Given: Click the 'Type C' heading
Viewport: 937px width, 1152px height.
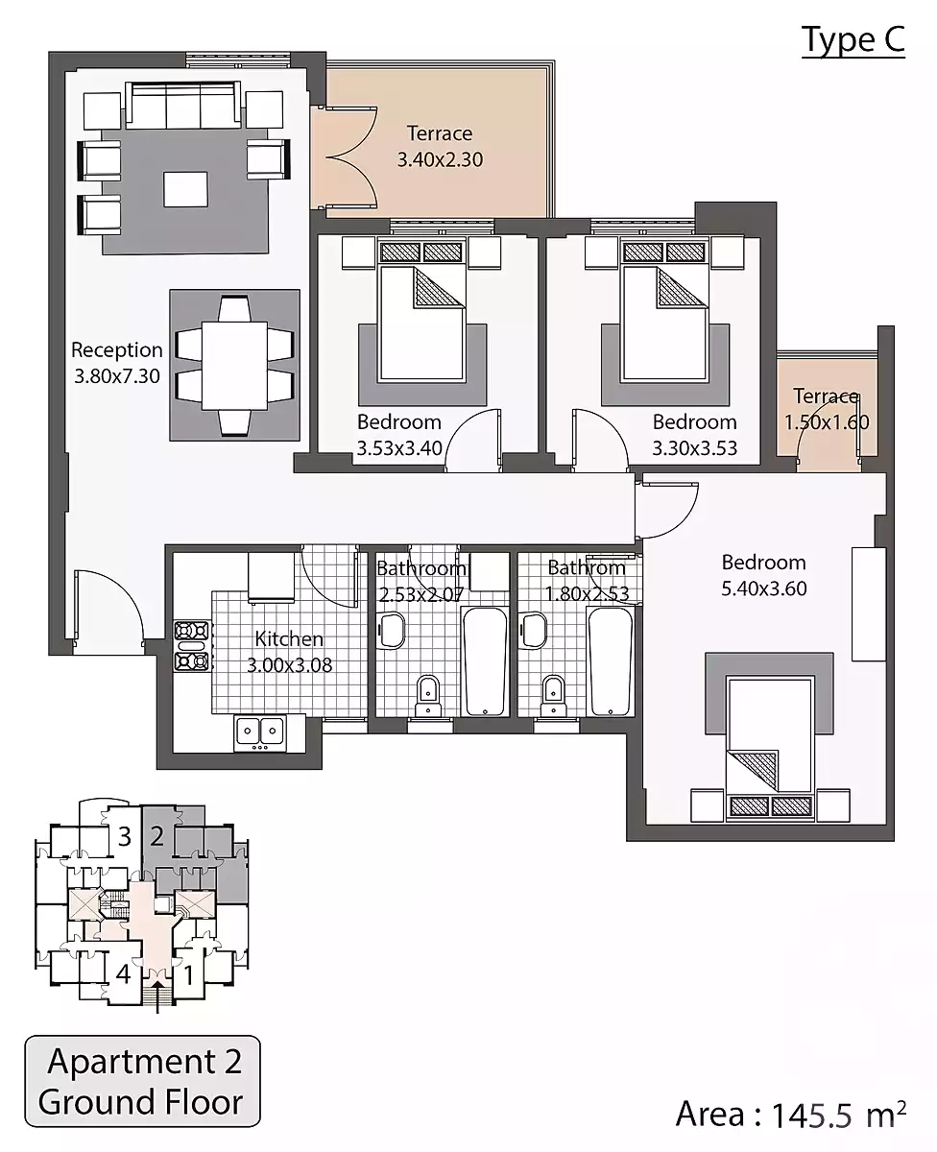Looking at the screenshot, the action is point(853,40).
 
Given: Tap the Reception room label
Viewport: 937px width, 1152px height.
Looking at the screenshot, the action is point(117,350).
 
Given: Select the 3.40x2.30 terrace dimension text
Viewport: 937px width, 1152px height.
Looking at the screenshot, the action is point(440,159).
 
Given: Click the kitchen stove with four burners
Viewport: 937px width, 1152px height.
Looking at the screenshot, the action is point(192,646).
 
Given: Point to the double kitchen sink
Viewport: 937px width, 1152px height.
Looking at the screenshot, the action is point(260,732).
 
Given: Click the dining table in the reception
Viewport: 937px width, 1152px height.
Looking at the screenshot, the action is point(234,366).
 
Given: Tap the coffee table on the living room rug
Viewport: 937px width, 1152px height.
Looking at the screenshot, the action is point(185,189).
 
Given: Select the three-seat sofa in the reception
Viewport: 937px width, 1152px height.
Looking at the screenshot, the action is point(183,105).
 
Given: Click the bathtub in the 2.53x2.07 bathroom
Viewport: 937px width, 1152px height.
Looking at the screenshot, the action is point(485,661).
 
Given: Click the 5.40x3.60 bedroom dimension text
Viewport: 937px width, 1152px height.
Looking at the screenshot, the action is point(764,588).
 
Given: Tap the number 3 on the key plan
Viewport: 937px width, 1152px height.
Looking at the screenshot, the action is point(125,837).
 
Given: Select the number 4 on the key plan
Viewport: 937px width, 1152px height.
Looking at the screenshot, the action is point(123,974).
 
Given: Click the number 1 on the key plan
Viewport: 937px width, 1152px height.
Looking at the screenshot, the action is point(189,975).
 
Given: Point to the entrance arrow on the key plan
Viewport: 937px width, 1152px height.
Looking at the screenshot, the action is point(157,996).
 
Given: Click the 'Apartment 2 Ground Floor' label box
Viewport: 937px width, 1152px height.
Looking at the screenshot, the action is point(142,1082).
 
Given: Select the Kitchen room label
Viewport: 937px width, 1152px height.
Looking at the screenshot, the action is point(289,638).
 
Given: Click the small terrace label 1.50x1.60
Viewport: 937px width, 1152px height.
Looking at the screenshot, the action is point(827,421).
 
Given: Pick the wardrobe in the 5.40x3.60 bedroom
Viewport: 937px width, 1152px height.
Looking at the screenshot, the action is point(869,604).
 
